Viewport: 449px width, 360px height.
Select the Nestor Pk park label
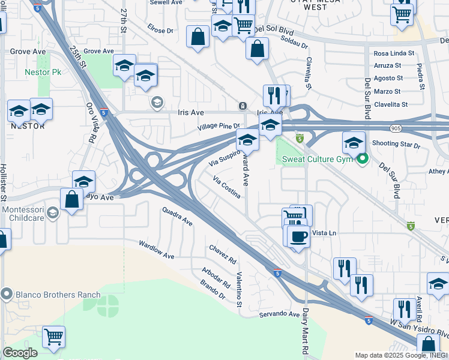tap(44, 73)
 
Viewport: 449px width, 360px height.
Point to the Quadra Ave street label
tap(177, 217)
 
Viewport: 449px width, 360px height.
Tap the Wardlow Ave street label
tap(156, 250)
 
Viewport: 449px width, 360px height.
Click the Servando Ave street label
tap(279, 314)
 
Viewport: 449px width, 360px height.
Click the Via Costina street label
tap(228, 187)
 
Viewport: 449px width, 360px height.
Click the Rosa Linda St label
tap(394, 53)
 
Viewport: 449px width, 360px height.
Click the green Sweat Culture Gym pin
tap(362, 159)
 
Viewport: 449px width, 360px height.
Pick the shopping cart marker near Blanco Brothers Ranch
tap(53, 337)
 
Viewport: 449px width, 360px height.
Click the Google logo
tap(20, 353)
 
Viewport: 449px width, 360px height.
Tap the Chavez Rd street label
tap(223, 254)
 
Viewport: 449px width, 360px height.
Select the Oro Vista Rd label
tap(91, 124)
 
